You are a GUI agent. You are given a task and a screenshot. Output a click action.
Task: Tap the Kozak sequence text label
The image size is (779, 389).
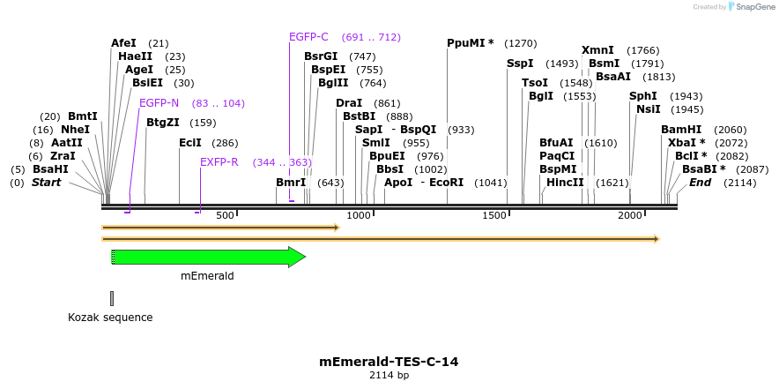pyautogui.click(x=110, y=318)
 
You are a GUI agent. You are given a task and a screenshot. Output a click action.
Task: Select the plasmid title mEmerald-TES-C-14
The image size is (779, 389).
pyautogui.click(x=389, y=362)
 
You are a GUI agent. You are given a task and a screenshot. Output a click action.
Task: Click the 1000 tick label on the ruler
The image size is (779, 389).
pyautogui.click(x=359, y=216)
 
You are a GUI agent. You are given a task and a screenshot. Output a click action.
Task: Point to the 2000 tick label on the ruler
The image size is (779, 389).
pyautogui.click(x=629, y=216)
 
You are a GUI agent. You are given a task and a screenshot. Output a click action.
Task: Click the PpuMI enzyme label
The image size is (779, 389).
pyautogui.click(x=470, y=43)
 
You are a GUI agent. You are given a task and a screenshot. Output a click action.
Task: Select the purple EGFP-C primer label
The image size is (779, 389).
pyautogui.click(x=308, y=37)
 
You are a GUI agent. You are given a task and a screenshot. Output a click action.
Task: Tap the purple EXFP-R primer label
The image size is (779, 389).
pyautogui.click(x=219, y=162)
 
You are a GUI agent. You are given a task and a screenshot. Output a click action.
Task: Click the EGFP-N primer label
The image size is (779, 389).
pyautogui.click(x=159, y=103)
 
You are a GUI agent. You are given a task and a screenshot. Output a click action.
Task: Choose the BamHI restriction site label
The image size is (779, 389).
pyautogui.click(x=680, y=130)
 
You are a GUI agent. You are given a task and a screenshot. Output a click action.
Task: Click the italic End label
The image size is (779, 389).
pyautogui.click(x=700, y=183)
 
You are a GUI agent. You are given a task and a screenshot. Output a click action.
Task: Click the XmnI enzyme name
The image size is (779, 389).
pyautogui.click(x=598, y=50)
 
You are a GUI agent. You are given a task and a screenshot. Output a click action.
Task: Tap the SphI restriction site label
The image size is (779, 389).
pyautogui.click(x=642, y=96)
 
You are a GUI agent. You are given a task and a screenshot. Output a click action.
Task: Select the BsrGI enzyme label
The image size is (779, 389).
pyautogui.click(x=321, y=56)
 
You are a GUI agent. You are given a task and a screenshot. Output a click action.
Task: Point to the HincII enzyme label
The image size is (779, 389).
pyautogui.click(x=565, y=183)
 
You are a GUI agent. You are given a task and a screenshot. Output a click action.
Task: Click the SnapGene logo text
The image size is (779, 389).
pyautogui.click(x=755, y=7)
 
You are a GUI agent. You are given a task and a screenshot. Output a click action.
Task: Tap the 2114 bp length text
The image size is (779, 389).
pyautogui.click(x=389, y=376)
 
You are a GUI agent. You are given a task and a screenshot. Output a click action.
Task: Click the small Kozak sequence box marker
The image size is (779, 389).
pyautogui.click(x=112, y=298)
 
